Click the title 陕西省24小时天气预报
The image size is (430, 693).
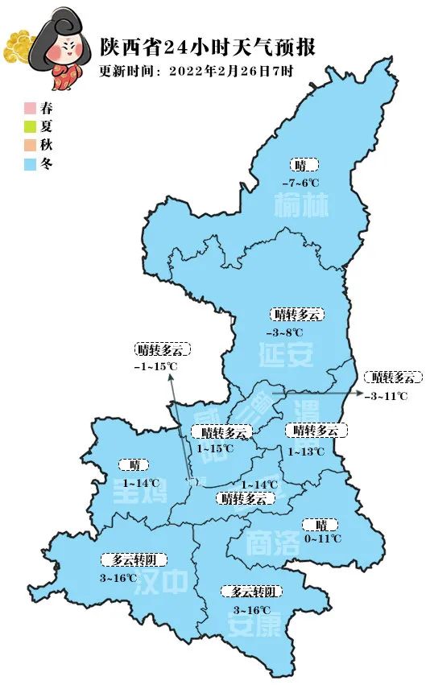point(207,47)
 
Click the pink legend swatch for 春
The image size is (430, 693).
point(30,107)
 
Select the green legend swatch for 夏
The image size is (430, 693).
point(30,126)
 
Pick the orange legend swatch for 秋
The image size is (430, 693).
point(30,146)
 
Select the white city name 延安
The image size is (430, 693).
point(286,354)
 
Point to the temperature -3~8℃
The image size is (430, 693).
point(284,332)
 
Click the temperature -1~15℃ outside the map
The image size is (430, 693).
point(155,366)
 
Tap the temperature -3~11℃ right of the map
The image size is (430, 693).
point(386,395)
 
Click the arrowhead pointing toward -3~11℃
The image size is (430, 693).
point(358,392)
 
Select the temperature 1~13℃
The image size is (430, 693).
point(306,452)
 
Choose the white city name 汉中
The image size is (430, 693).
point(165,582)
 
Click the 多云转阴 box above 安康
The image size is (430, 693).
point(253,592)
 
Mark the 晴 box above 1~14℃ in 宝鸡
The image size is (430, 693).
point(134,464)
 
